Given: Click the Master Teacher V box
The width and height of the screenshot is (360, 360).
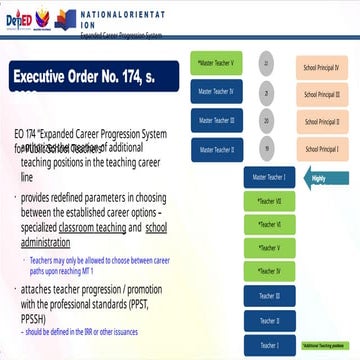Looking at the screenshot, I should (x=217, y=63).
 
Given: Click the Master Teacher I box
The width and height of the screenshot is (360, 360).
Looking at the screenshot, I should (x=270, y=177).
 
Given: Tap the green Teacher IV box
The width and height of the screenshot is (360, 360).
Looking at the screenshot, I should (x=270, y=270).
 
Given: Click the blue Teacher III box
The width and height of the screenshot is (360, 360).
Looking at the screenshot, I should (x=270, y=295).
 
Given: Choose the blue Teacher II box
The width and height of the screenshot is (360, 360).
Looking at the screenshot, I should (x=270, y=319).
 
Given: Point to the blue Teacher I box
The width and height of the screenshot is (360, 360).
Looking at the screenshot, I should (x=270, y=343).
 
